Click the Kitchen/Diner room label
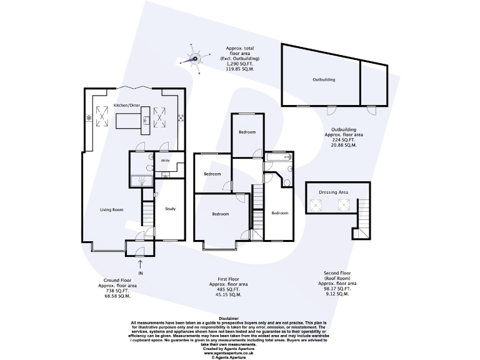tap(127, 104)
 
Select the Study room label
tap(170, 209)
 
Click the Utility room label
tap(165, 161)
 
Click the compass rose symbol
tap(196, 60)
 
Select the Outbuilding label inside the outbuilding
tap(324, 80)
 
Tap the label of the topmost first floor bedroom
tap(247, 132)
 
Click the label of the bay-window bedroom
tap(220, 214)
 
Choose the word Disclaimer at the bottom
tap(239, 318)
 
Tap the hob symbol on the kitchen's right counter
tap(181, 117)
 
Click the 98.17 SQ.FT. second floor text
tap(341, 289)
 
